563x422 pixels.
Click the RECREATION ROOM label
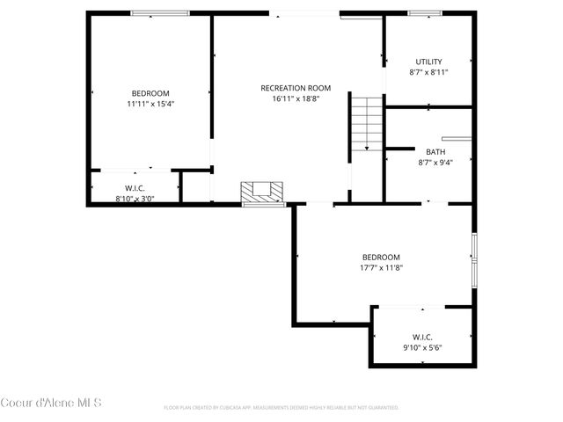(x=296, y=88)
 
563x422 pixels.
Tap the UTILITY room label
(x=429, y=62)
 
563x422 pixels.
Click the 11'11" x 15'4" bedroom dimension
(x=150, y=104)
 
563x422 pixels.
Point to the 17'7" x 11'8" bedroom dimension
(x=381, y=268)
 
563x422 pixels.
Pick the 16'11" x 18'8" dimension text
(x=296, y=98)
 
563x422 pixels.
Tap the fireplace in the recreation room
(x=264, y=191)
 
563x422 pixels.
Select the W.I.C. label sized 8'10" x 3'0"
(x=135, y=188)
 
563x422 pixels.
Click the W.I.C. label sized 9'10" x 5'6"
(x=422, y=337)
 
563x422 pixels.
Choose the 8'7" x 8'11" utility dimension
(x=429, y=72)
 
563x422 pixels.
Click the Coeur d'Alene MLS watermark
(x=51, y=404)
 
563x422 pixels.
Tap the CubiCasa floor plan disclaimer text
(x=281, y=408)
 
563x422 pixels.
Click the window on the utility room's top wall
(x=424, y=13)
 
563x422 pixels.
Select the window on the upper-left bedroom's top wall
(x=160, y=13)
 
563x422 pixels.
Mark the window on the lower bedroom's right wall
(x=473, y=259)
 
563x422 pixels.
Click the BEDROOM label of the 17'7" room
(x=381, y=258)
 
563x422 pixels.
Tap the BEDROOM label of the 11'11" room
(x=150, y=93)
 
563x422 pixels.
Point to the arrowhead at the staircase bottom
(x=367, y=149)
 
